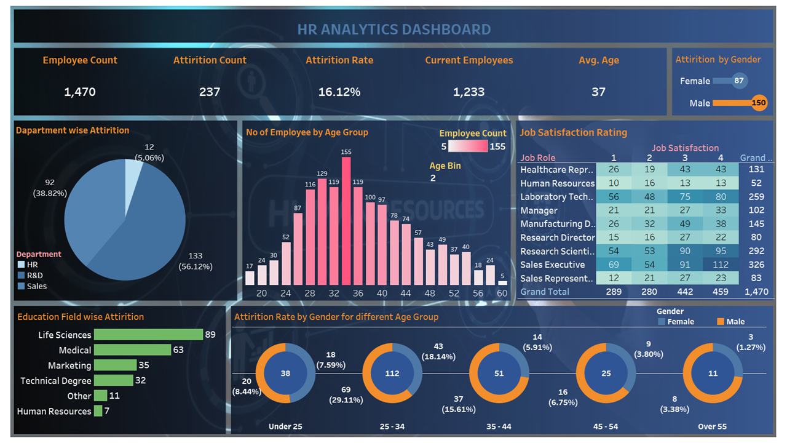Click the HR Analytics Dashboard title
(x=393, y=29)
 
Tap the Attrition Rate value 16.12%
(x=339, y=92)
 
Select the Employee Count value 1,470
(x=80, y=92)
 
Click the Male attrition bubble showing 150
(x=759, y=103)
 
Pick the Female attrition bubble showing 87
(x=739, y=81)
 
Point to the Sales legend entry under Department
(x=36, y=286)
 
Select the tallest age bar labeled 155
(x=346, y=220)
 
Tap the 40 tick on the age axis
(x=382, y=293)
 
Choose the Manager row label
(x=539, y=210)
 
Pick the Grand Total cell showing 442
(x=685, y=292)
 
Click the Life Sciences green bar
(x=148, y=335)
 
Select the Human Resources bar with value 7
(x=98, y=411)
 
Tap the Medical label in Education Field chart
(x=75, y=350)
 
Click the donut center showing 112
(x=392, y=373)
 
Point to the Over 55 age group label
(x=712, y=426)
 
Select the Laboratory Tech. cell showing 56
(x=614, y=197)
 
